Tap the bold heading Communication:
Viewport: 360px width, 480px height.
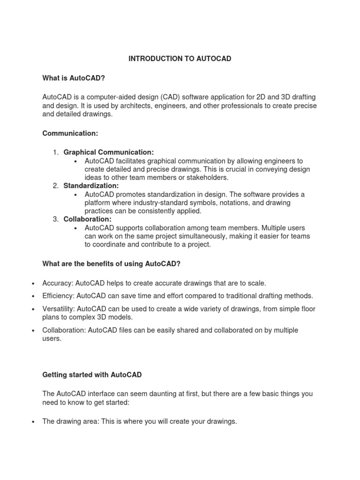coord(70,134)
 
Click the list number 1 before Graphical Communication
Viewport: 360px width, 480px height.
coord(55,152)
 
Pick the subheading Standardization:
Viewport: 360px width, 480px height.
coord(91,186)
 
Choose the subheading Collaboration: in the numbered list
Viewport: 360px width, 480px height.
coord(88,219)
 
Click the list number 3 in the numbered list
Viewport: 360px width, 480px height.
coord(55,219)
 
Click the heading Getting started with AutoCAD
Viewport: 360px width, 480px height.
coord(92,375)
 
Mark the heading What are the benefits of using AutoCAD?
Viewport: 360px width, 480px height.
coord(111,264)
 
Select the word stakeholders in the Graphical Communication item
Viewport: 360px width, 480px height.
coord(196,177)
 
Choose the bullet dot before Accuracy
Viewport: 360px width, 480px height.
coord(32,284)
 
